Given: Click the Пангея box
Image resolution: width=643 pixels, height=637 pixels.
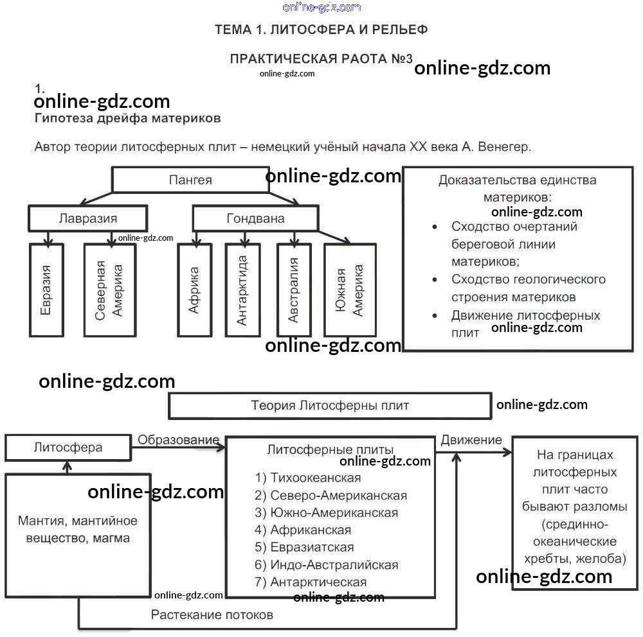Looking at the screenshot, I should click(190, 180).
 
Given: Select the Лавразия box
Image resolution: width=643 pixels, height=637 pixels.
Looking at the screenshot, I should click(87, 218).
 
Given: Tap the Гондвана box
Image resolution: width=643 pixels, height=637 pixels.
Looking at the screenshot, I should click(255, 218).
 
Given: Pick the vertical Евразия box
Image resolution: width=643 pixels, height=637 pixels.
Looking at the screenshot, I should click(46, 290).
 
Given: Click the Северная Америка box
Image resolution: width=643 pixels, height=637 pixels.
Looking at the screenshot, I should click(109, 290).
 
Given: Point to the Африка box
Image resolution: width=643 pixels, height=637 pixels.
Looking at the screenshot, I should click(194, 290).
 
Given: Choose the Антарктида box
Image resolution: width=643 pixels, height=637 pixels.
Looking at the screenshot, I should click(242, 290).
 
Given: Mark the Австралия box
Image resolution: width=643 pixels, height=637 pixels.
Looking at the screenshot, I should click(293, 290).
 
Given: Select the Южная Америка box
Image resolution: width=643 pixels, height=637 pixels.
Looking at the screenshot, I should click(349, 290).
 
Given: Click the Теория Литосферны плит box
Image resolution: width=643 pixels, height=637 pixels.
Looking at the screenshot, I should click(329, 405).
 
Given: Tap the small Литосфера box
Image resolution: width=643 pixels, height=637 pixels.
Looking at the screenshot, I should click(68, 448).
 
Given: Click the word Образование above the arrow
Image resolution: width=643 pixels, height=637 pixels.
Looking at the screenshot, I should click(178, 440).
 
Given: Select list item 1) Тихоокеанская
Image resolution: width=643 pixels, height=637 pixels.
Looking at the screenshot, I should click(308, 478).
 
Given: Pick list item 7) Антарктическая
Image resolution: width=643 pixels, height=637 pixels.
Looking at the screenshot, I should click(311, 582).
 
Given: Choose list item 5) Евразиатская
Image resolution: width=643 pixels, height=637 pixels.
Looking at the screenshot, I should click(304, 547).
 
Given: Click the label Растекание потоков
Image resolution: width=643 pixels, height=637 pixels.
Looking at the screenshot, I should click(212, 615).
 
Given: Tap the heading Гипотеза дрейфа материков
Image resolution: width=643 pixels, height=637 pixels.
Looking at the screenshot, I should click(127, 118).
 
